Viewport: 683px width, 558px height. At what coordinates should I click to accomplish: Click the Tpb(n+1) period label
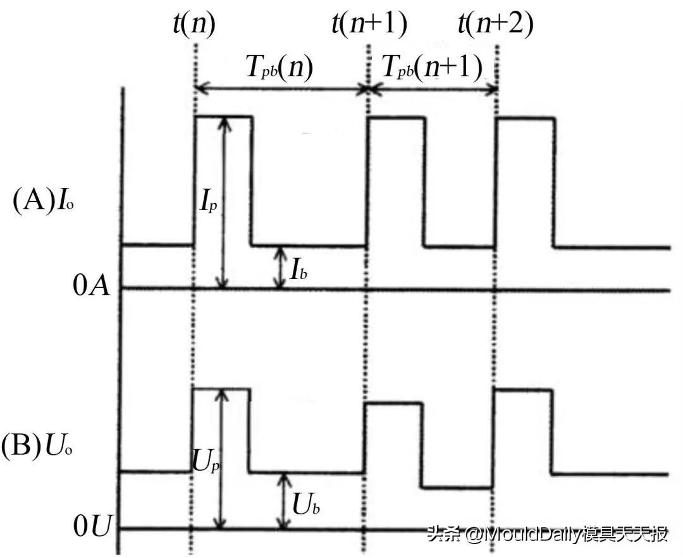click(x=431, y=67)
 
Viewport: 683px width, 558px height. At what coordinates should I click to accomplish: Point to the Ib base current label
click(x=298, y=271)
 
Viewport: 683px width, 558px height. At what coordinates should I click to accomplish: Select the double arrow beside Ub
click(x=284, y=500)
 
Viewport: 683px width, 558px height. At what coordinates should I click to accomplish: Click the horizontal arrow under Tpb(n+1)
click(x=432, y=90)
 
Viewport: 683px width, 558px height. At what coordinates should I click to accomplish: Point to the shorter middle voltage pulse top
click(x=393, y=403)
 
